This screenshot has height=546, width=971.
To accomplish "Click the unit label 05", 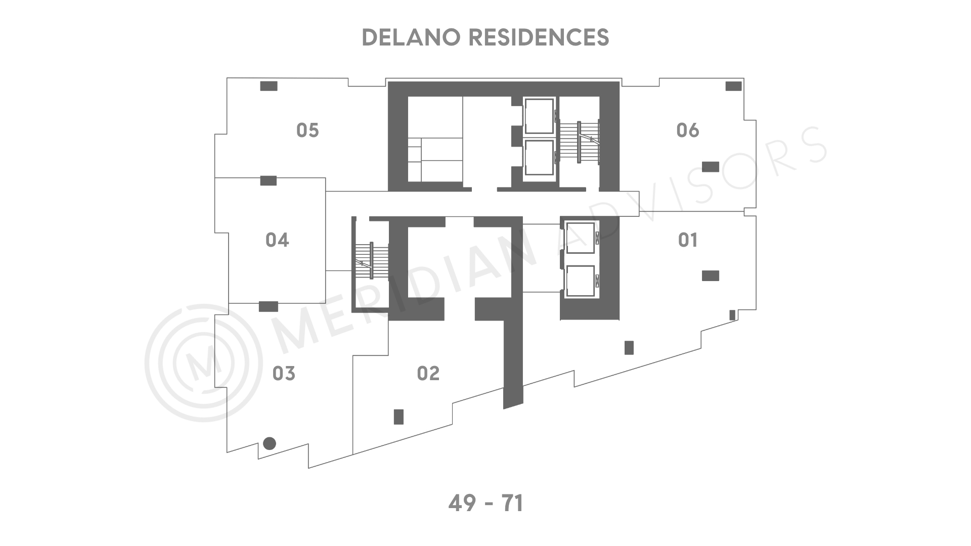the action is (307, 130).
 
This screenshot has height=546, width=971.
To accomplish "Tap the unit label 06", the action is (688, 130).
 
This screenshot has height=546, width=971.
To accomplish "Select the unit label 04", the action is (277, 240).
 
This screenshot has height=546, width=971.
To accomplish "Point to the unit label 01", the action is (688, 240).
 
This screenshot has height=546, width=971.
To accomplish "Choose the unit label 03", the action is (284, 374).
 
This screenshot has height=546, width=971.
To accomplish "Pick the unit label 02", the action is (428, 374).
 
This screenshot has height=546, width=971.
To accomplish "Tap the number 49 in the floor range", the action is (463, 504).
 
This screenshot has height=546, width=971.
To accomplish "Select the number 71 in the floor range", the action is (512, 504).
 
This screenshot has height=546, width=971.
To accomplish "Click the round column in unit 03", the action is (270, 443).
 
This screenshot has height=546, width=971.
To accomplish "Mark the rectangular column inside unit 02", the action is (399, 417).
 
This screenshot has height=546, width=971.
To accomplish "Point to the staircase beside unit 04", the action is (372, 260).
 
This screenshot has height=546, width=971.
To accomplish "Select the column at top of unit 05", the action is (269, 86).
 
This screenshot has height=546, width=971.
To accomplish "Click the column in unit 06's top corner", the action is (733, 86).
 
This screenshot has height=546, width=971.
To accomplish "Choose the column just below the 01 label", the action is (711, 276).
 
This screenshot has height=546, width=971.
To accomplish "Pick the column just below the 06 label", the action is (711, 166).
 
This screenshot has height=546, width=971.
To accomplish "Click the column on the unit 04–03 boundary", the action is (269, 306).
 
